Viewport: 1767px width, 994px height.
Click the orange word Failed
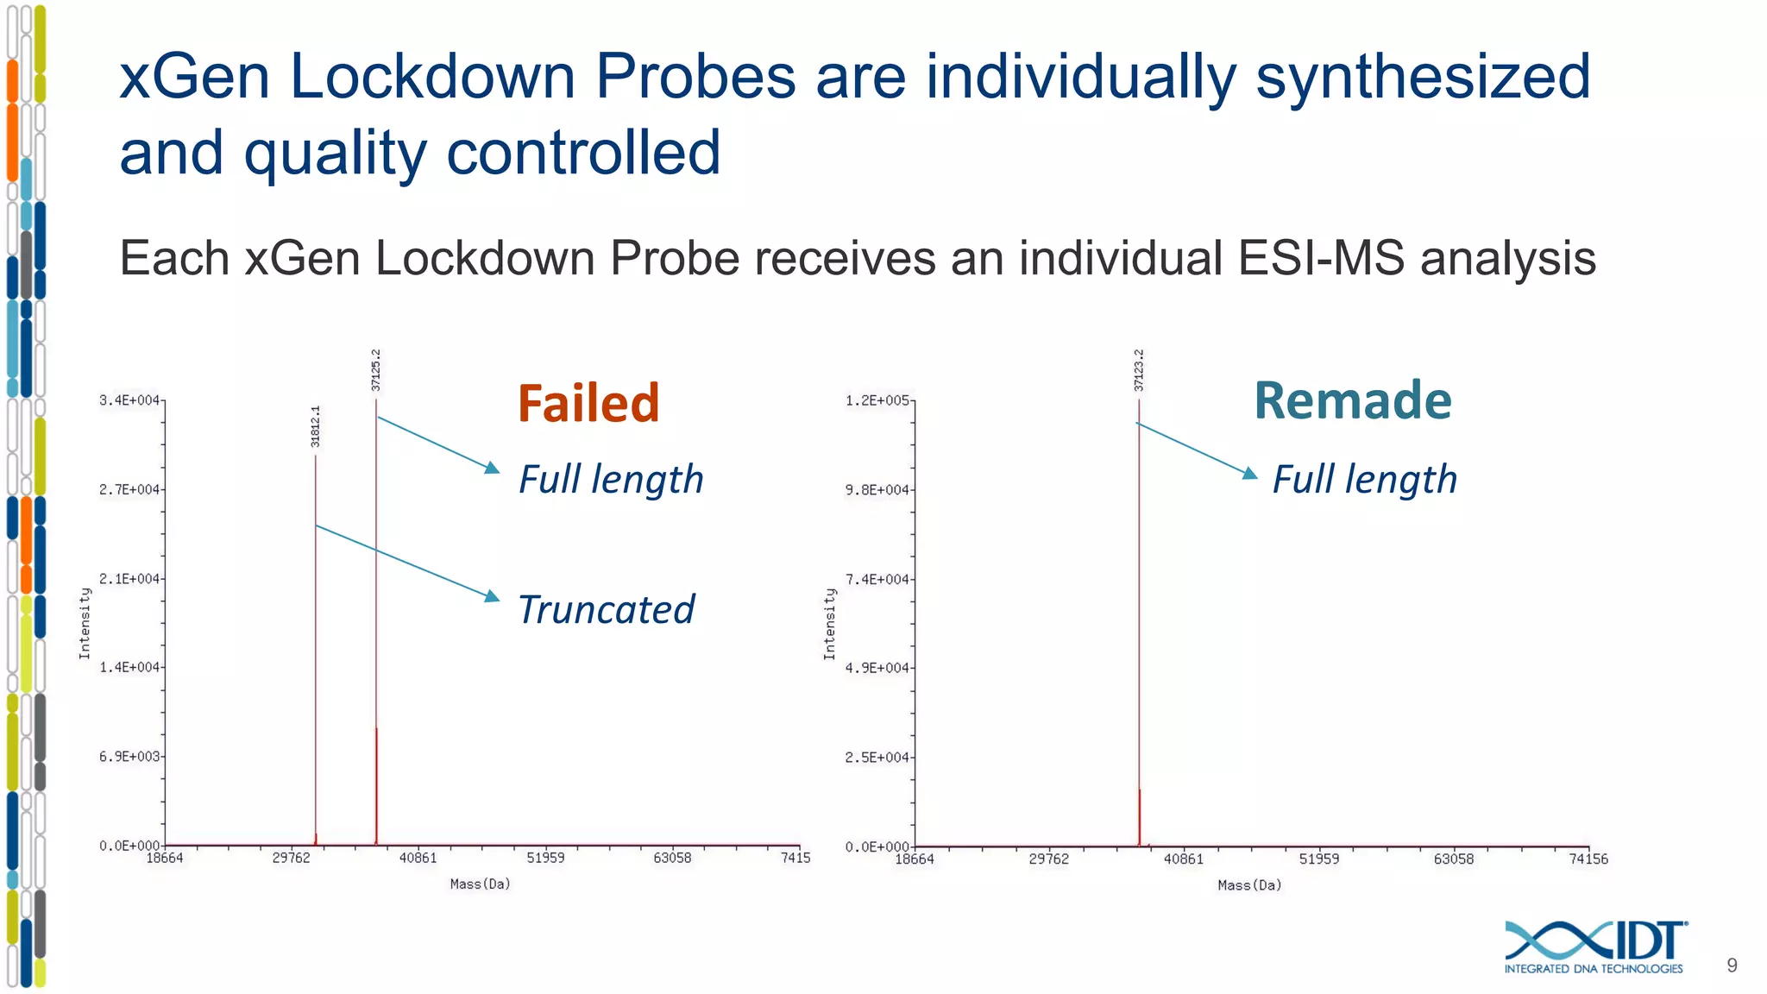tap(588, 403)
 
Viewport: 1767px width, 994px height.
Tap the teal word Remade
tap(1352, 401)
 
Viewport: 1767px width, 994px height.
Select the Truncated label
tap(606, 609)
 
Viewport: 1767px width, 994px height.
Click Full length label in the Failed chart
tap(611, 480)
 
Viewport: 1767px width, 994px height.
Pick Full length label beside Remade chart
tap(1364, 480)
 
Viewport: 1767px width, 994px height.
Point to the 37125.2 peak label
tap(376, 369)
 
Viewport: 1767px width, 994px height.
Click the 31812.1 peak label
tap(316, 426)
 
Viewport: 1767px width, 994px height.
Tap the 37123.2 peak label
tap(1139, 369)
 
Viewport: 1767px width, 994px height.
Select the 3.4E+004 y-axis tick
tap(129, 400)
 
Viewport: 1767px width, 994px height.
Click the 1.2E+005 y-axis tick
tap(877, 400)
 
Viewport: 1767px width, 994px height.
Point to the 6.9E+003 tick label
tap(129, 757)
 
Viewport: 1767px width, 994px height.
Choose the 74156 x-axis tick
tap(1588, 859)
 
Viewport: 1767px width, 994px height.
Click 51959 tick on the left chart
tap(545, 858)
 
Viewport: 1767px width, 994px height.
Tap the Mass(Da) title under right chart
tap(1249, 885)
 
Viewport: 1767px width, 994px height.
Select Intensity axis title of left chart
tap(85, 623)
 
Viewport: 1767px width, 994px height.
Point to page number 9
tap(1732, 966)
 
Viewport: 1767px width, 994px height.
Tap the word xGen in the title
tap(194, 77)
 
